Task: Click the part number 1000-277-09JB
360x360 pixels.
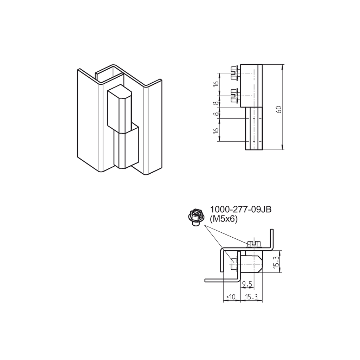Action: pyautogui.click(x=240, y=210)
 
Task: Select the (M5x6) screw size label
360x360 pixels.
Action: pyautogui.click(x=224, y=219)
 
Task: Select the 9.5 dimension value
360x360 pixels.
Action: pyautogui.click(x=247, y=284)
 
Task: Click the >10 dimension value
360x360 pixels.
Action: pyautogui.click(x=231, y=297)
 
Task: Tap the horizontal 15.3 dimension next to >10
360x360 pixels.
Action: pyautogui.click(x=251, y=297)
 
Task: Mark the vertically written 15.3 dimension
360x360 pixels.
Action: pyautogui.click(x=276, y=262)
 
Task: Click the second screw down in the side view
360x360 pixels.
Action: pyautogui.click(x=233, y=95)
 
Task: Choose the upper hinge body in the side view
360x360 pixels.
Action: pyautogui.click(x=251, y=85)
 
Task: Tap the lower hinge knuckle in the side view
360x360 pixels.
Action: pyautogui.click(x=253, y=129)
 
